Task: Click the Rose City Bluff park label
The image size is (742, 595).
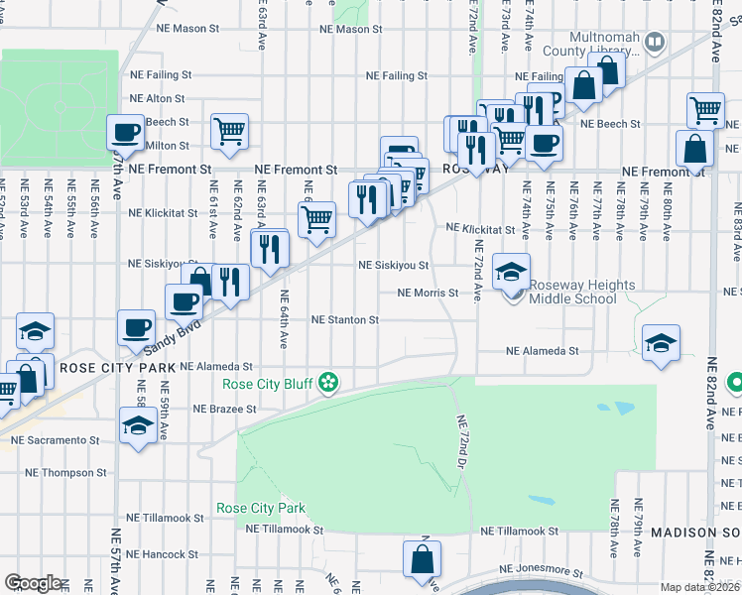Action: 267,384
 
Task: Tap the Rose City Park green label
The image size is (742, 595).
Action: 261,509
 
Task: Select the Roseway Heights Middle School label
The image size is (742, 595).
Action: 580,292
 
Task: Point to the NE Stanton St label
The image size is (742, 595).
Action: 345,320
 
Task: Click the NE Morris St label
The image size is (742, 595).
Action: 428,294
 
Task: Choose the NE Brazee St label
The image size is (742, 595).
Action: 224,409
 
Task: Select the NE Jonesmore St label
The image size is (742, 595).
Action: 541,570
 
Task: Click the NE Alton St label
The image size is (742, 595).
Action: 158,99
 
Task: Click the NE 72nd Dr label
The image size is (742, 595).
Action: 462,441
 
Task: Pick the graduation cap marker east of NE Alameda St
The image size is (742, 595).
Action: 661,342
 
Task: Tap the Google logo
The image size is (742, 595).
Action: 33,584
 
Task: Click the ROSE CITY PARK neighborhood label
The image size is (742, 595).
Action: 118,368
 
